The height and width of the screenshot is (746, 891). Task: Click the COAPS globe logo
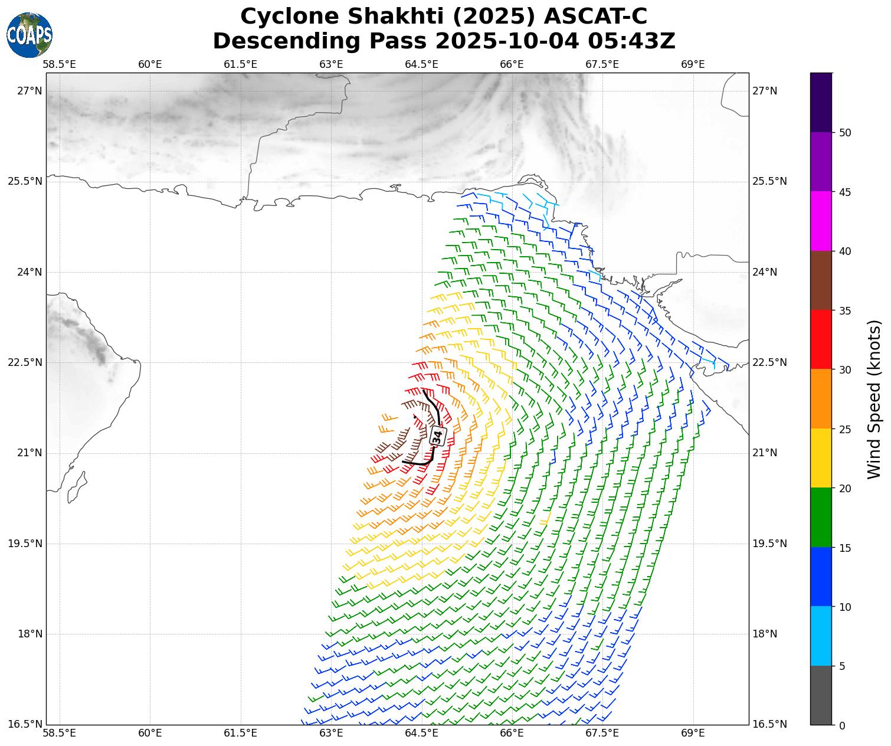coord(30,35)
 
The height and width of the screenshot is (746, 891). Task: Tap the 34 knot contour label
coord(437,436)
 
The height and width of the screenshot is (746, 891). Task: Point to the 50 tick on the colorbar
coord(845,132)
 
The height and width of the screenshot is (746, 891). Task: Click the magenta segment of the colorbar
coord(821,221)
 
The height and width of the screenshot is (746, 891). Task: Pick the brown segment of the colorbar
coord(821,280)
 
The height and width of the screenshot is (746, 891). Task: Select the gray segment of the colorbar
coord(821,695)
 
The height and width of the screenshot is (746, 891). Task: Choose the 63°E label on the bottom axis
coord(331,733)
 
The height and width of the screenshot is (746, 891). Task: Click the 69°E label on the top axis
coord(693,64)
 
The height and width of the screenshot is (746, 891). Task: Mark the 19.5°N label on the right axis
coord(769,544)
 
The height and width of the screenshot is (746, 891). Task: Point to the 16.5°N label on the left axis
coord(25,724)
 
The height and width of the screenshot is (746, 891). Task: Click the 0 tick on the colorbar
coord(842,725)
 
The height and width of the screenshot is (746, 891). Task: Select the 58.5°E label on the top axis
coord(60,64)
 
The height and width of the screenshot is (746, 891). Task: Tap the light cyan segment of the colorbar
coord(821,636)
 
